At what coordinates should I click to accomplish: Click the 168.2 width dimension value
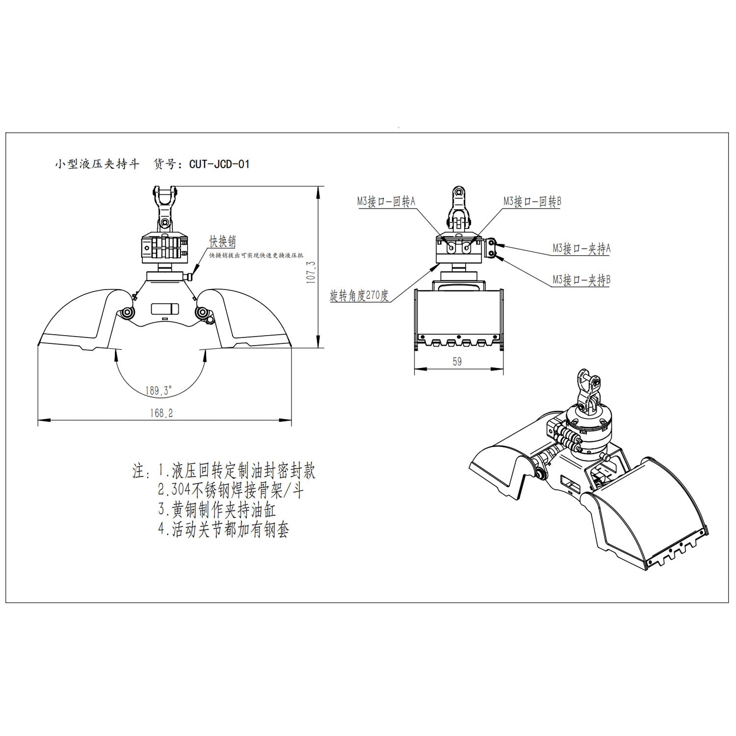[x=162, y=413]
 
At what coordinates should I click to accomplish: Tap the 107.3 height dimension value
[x=311, y=272]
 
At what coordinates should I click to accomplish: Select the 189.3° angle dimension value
[x=158, y=391]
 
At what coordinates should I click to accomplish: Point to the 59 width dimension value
[x=457, y=362]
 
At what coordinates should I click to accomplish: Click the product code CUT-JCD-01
[x=219, y=164]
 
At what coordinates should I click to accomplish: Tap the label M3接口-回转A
[x=386, y=201]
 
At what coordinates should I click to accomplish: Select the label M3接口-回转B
[x=532, y=201]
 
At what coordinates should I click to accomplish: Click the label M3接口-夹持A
[x=582, y=248]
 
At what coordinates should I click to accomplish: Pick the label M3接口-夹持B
[x=582, y=280]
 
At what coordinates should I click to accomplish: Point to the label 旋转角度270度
[x=359, y=296]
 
